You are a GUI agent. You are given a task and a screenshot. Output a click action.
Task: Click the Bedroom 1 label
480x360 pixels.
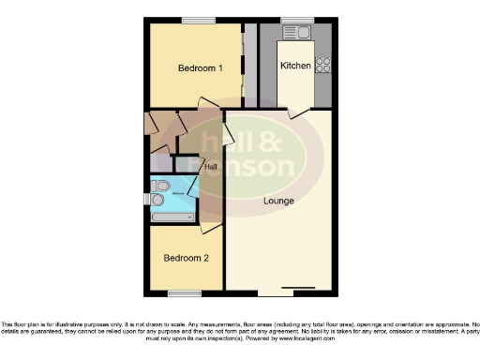pyautogui.click(x=200, y=68)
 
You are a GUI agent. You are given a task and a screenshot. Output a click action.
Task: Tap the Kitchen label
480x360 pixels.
pyautogui.click(x=295, y=66)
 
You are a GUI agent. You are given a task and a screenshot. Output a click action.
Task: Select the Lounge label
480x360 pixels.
pyautogui.click(x=278, y=201)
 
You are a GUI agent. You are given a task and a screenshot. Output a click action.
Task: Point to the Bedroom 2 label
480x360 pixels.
pyautogui.click(x=185, y=259)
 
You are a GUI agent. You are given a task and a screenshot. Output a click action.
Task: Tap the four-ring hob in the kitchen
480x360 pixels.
pyautogui.click(x=323, y=65)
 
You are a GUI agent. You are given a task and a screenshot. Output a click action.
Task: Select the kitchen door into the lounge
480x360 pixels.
pyautogui.click(x=298, y=111)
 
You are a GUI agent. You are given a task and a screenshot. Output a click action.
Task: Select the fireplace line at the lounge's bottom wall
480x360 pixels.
pyautogui.click(x=299, y=287)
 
